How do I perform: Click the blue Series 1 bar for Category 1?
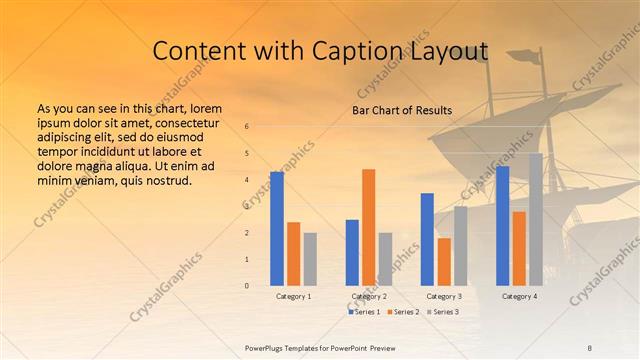[277, 229]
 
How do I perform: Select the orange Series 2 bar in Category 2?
[369, 227]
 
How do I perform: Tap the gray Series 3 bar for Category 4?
[536, 219]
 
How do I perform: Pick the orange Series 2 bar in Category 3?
[444, 262]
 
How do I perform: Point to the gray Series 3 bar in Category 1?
[310, 259]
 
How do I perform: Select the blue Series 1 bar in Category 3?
[427, 239]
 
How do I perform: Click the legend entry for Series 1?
[366, 312]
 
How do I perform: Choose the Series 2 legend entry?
[403, 312]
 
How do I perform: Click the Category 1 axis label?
[294, 296]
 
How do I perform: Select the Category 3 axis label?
[444, 296]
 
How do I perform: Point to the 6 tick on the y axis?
[247, 126]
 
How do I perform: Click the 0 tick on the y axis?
[247, 286]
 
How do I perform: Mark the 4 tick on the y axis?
[247, 180]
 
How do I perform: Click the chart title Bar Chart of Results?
[402, 110]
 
